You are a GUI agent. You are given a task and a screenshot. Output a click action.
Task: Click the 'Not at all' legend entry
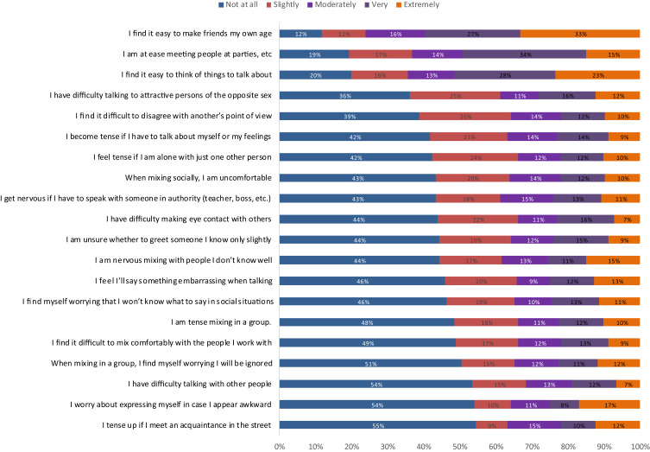pyautogui.click(x=243, y=5)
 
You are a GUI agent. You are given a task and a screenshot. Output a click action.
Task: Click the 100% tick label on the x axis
pyautogui.click(x=639, y=446)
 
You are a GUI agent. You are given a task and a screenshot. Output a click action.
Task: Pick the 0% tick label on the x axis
pyautogui.click(x=280, y=446)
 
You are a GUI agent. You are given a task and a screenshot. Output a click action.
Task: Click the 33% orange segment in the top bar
pyautogui.click(x=579, y=34)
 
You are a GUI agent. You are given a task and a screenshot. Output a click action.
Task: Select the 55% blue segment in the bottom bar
pyautogui.click(x=378, y=425)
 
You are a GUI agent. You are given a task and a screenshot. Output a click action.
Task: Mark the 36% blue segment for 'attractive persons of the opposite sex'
pyautogui.click(x=344, y=95)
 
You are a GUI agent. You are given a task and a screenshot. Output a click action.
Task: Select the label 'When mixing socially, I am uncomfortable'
pyautogui.click(x=199, y=177)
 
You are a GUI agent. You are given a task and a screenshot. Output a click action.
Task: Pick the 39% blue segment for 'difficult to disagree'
pyautogui.click(x=350, y=116)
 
